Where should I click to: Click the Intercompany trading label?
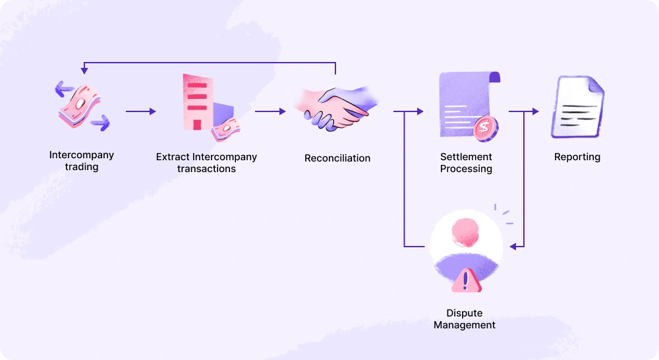(82, 161)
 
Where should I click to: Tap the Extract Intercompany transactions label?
(206, 163)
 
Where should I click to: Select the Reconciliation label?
(337, 158)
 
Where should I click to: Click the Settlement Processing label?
(466, 163)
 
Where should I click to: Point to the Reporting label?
(577, 157)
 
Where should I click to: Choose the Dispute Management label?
(465, 319)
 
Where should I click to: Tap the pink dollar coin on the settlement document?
(486, 126)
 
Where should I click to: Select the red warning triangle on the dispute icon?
(466, 280)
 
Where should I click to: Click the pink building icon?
(196, 102)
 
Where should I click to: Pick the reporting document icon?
(577, 106)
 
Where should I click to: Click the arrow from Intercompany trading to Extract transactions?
(140, 111)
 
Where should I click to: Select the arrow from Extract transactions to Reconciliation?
(270, 111)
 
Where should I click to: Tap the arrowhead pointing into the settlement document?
(419, 111)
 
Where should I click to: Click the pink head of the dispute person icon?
(465, 230)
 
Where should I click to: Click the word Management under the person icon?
(465, 325)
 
